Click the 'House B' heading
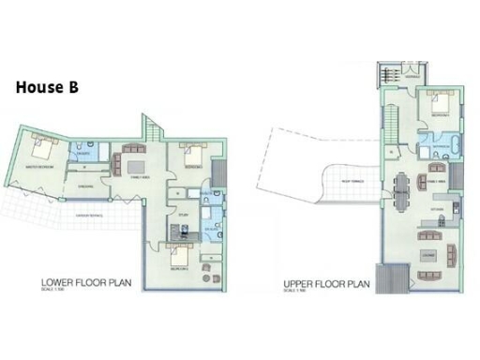click(47, 87)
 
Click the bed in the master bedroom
click(44, 147)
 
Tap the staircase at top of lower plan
click(154, 127)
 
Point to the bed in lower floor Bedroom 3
click(178, 256)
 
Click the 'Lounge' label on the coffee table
click(429, 253)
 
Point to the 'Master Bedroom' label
click(38, 167)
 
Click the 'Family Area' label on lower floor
click(140, 176)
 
